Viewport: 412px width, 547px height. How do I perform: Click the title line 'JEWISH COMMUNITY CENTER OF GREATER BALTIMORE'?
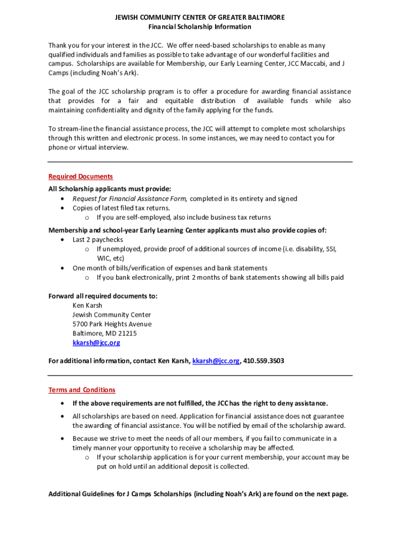tap(200, 18)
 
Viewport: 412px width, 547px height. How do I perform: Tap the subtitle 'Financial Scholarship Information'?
tap(200, 27)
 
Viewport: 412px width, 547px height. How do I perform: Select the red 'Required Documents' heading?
tap(81, 176)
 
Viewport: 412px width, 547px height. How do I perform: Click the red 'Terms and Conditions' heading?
tap(82, 390)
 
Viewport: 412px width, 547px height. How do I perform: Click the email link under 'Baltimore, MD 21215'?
tap(96, 342)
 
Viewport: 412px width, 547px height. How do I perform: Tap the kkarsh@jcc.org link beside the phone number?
tap(216, 361)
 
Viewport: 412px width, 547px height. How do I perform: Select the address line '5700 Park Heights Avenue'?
tap(112, 324)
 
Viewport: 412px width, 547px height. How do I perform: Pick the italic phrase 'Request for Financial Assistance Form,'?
tap(130, 199)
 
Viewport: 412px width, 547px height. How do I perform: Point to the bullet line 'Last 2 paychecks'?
tap(98, 240)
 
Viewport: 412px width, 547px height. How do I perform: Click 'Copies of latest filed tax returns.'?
tap(121, 208)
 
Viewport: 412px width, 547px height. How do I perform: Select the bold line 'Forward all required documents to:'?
tap(103, 296)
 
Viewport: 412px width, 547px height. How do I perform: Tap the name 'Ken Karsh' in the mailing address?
tap(87, 306)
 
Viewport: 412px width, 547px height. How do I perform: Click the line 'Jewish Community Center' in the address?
tap(112, 315)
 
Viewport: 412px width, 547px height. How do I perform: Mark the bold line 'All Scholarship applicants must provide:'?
tap(110, 189)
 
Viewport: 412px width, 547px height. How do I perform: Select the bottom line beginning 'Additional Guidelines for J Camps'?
tap(198, 494)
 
